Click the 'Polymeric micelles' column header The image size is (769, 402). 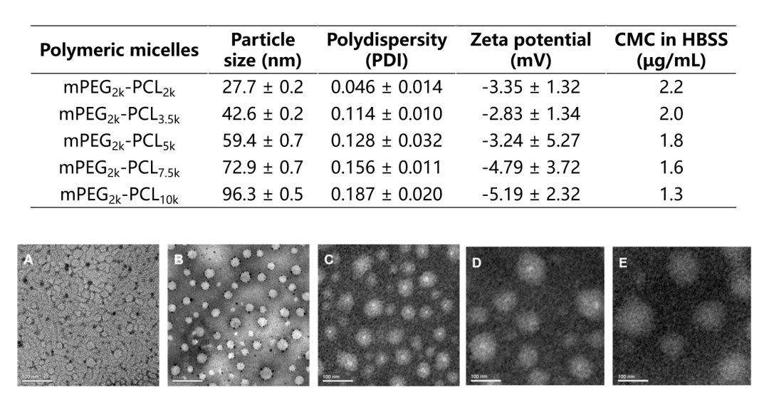tap(119, 51)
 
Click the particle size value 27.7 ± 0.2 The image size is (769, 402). tap(263, 88)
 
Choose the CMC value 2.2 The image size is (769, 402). tap(671, 88)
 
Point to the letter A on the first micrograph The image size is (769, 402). tap(28, 260)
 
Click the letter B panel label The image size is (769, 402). tap(179, 260)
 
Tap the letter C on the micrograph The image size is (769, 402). tap(329, 260)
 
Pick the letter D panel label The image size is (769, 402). tap(476, 263)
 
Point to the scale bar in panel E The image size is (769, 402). tap(629, 380)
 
